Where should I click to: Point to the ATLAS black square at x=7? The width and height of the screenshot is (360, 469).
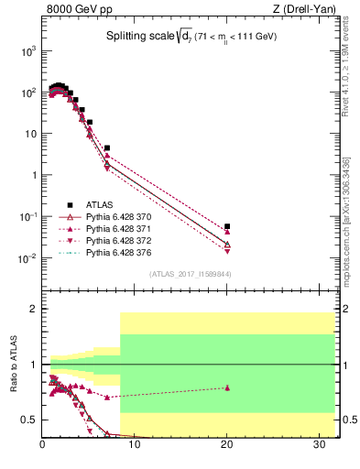(x=107, y=147)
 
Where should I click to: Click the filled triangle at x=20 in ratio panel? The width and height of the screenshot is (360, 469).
(x=227, y=387)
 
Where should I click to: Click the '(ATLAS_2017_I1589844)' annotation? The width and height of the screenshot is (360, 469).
(x=191, y=274)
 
